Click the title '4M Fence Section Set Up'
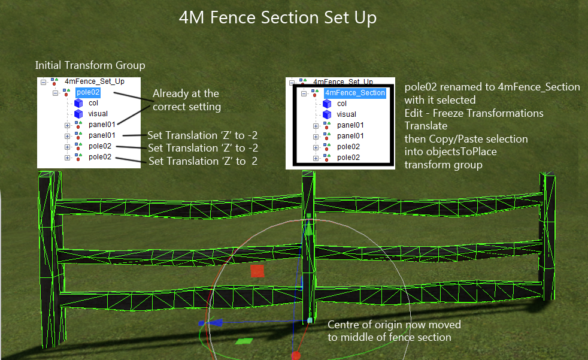(x=278, y=18)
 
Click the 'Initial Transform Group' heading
(x=90, y=65)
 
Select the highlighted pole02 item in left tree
(x=88, y=92)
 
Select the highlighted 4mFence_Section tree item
(x=355, y=93)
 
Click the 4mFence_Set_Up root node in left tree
(x=94, y=81)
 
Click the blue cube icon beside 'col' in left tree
(x=78, y=103)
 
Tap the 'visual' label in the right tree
(x=346, y=114)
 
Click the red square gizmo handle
(x=257, y=271)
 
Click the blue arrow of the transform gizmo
(x=216, y=322)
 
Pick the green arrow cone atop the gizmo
(x=308, y=229)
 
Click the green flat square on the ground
(x=243, y=341)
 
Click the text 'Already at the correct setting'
(x=186, y=100)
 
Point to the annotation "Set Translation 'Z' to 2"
(x=202, y=161)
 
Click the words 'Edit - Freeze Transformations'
(x=474, y=113)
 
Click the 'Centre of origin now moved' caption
(x=394, y=325)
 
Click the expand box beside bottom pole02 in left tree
(x=67, y=158)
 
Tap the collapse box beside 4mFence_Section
(x=304, y=93)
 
